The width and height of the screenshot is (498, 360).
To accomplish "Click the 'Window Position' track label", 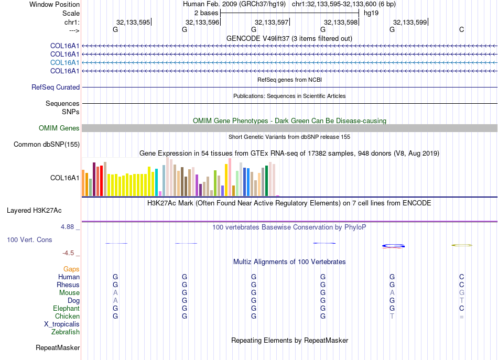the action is coord(55,4).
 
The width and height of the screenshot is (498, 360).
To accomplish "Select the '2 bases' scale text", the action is coord(207,13).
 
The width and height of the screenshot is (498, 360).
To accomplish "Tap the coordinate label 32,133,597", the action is coord(271,22).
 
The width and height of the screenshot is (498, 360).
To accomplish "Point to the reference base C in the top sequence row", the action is coord(461,29).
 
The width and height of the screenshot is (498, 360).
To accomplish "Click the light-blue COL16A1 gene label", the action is coord(65,62).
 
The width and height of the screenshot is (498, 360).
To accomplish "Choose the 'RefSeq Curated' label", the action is coord(56,88).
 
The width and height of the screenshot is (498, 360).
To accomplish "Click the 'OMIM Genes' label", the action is coord(59,128).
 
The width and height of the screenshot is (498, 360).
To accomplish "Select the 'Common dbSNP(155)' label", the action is coord(47,145).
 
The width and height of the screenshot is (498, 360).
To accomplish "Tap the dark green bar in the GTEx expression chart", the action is coord(267,181).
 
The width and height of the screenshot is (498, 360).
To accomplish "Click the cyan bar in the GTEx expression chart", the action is coord(156,182).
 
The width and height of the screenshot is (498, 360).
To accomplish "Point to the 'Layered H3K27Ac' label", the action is coord(34,211).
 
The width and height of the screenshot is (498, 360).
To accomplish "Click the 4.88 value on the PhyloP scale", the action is coord(67,227).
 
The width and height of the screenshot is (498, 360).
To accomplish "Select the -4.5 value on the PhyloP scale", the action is coord(68,253).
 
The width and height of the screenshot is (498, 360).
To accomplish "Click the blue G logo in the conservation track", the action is coord(393,246).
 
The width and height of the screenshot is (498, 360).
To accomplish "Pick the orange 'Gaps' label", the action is coord(71,269).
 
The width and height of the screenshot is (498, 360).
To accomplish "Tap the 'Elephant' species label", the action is coord(66,308).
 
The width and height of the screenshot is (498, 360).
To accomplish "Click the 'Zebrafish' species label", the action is coord(66,332).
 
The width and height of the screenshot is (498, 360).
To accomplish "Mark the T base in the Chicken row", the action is coord(392,316).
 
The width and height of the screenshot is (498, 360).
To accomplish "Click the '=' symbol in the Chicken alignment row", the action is coord(461,317).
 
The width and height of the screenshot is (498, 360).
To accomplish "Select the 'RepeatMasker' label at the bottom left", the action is coord(58,348).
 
